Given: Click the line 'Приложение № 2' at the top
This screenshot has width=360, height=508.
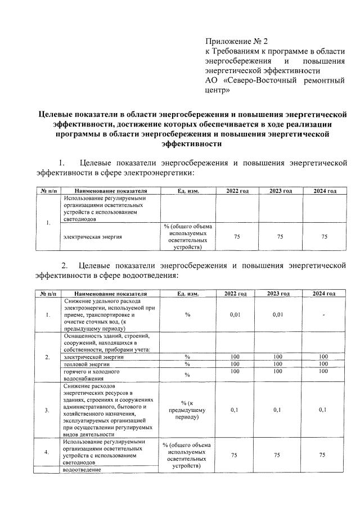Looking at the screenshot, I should tap(237, 41).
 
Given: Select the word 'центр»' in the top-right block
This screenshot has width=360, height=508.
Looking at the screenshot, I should tap(218, 89).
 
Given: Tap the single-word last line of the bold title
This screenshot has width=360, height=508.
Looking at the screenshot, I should tap(191, 144).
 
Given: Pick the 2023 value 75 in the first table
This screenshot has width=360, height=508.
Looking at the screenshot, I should tap(280, 237).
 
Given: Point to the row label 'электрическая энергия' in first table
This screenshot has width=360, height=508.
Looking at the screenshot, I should tap(93, 237).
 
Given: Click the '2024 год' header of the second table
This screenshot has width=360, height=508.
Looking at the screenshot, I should tap(323, 294).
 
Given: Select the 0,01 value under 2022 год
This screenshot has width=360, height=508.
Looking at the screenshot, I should tap(236, 315).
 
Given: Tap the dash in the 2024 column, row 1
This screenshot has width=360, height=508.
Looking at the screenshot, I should tap(323, 315).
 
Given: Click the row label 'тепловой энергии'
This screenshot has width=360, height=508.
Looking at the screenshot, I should tap(87, 365).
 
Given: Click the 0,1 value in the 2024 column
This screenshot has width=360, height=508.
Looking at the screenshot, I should tap(323, 410).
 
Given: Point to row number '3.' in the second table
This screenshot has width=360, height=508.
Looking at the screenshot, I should tap(47, 410).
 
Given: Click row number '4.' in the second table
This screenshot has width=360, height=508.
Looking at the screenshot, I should tap(47, 452).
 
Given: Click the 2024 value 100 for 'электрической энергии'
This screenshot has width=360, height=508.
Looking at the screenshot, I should tap(323, 357).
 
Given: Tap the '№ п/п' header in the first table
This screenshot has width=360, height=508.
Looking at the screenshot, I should tap(47, 191).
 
